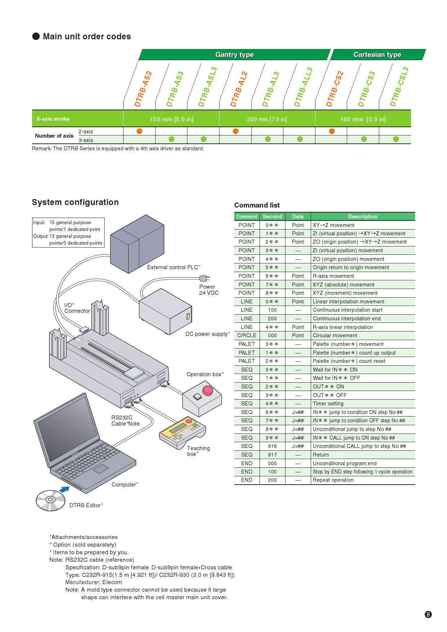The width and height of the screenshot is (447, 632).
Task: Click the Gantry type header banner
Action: [x=234, y=55]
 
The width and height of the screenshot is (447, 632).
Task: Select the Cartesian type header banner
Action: [x=377, y=55]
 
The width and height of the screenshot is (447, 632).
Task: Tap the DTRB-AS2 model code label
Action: [x=143, y=89]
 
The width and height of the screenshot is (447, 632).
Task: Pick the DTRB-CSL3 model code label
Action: [x=399, y=87]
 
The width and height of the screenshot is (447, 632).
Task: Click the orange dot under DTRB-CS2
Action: [x=332, y=131]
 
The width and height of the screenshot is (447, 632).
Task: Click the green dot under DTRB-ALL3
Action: [x=300, y=139]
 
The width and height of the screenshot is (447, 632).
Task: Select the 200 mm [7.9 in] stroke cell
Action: [x=267, y=119]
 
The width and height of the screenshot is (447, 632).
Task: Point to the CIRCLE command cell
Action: [x=247, y=335]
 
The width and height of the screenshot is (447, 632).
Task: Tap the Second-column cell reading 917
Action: [x=272, y=455]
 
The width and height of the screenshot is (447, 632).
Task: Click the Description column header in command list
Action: [x=363, y=217]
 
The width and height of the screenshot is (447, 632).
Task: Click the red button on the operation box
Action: [x=208, y=390]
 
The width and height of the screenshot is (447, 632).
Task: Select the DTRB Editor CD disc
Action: [x=50, y=500]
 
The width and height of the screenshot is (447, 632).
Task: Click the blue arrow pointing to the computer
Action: [x=64, y=489]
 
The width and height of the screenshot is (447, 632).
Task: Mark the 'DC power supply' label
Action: [x=207, y=334]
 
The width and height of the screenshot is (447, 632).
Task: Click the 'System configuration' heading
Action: [x=75, y=202]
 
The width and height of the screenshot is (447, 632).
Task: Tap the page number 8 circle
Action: [x=428, y=615]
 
